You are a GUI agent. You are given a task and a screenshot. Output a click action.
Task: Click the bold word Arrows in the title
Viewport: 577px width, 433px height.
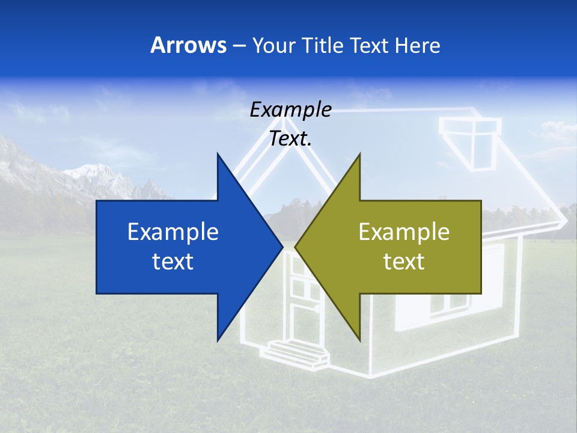(x=188, y=45)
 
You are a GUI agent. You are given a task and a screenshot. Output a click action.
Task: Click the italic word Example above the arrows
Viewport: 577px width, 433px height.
(x=290, y=110)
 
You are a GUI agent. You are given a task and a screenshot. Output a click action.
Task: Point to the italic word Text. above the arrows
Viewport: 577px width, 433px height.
(x=290, y=138)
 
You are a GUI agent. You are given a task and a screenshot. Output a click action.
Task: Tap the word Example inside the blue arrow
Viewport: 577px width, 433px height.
(x=173, y=232)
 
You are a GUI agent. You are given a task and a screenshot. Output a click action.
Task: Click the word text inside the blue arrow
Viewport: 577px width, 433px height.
(x=173, y=262)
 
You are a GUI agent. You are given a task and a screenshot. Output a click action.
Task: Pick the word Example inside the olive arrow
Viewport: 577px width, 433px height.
(x=404, y=232)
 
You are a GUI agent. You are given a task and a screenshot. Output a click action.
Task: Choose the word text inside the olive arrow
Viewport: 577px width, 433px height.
(x=404, y=262)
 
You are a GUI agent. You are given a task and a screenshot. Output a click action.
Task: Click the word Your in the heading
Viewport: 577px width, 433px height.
(x=274, y=45)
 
